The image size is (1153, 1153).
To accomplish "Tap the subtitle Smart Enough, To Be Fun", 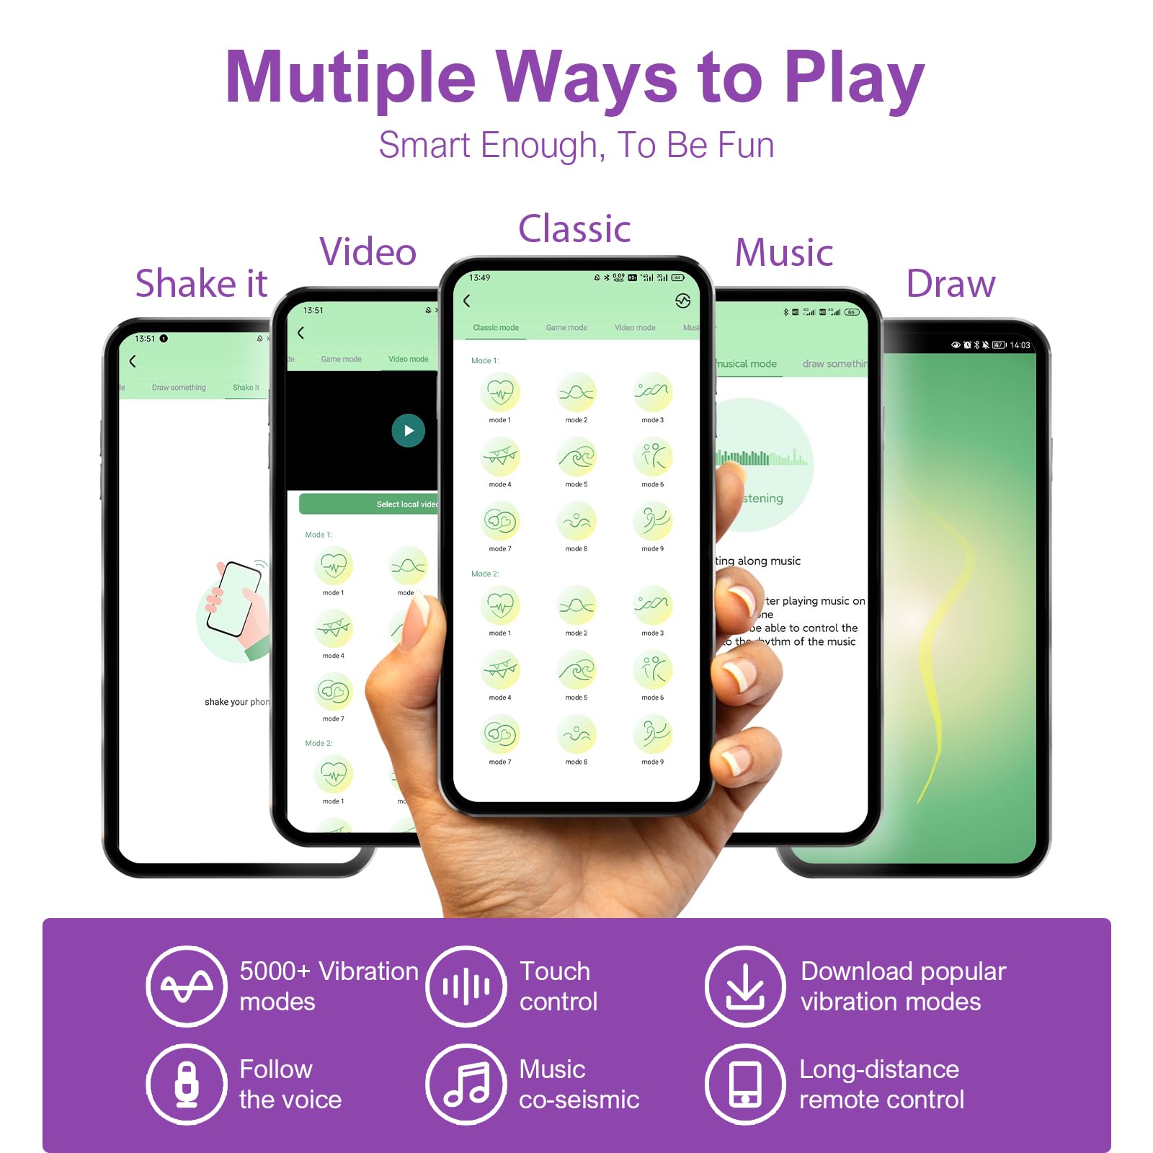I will click(x=576, y=146).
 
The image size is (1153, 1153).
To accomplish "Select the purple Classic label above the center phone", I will click(x=574, y=229).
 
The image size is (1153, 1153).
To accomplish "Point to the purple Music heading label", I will click(x=784, y=253).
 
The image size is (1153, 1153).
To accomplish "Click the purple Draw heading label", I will click(x=951, y=284).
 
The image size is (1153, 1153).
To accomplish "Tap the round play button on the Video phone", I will click(x=408, y=431).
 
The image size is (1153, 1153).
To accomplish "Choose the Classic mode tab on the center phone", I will click(x=496, y=328).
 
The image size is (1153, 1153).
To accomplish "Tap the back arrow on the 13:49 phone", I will click(x=467, y=301).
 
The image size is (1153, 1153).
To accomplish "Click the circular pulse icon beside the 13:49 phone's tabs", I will click(x=682, y=301).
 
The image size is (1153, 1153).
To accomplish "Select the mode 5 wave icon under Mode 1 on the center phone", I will click(x=576, y=457).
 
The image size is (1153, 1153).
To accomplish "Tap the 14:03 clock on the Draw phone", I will click(x=1020, y=345).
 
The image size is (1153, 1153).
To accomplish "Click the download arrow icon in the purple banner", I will click(x=745, y=986).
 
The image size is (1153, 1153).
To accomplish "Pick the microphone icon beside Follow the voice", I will click(x=187, y=1084).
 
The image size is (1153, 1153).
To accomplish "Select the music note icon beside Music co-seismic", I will click(x=466, y=1084).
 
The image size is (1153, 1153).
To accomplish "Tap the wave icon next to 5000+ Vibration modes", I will click(x=187, y=986).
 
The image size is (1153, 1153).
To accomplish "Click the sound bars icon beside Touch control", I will click(x=466, y=986).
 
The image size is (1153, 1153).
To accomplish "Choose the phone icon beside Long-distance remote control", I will click(x=745, y=1084).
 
